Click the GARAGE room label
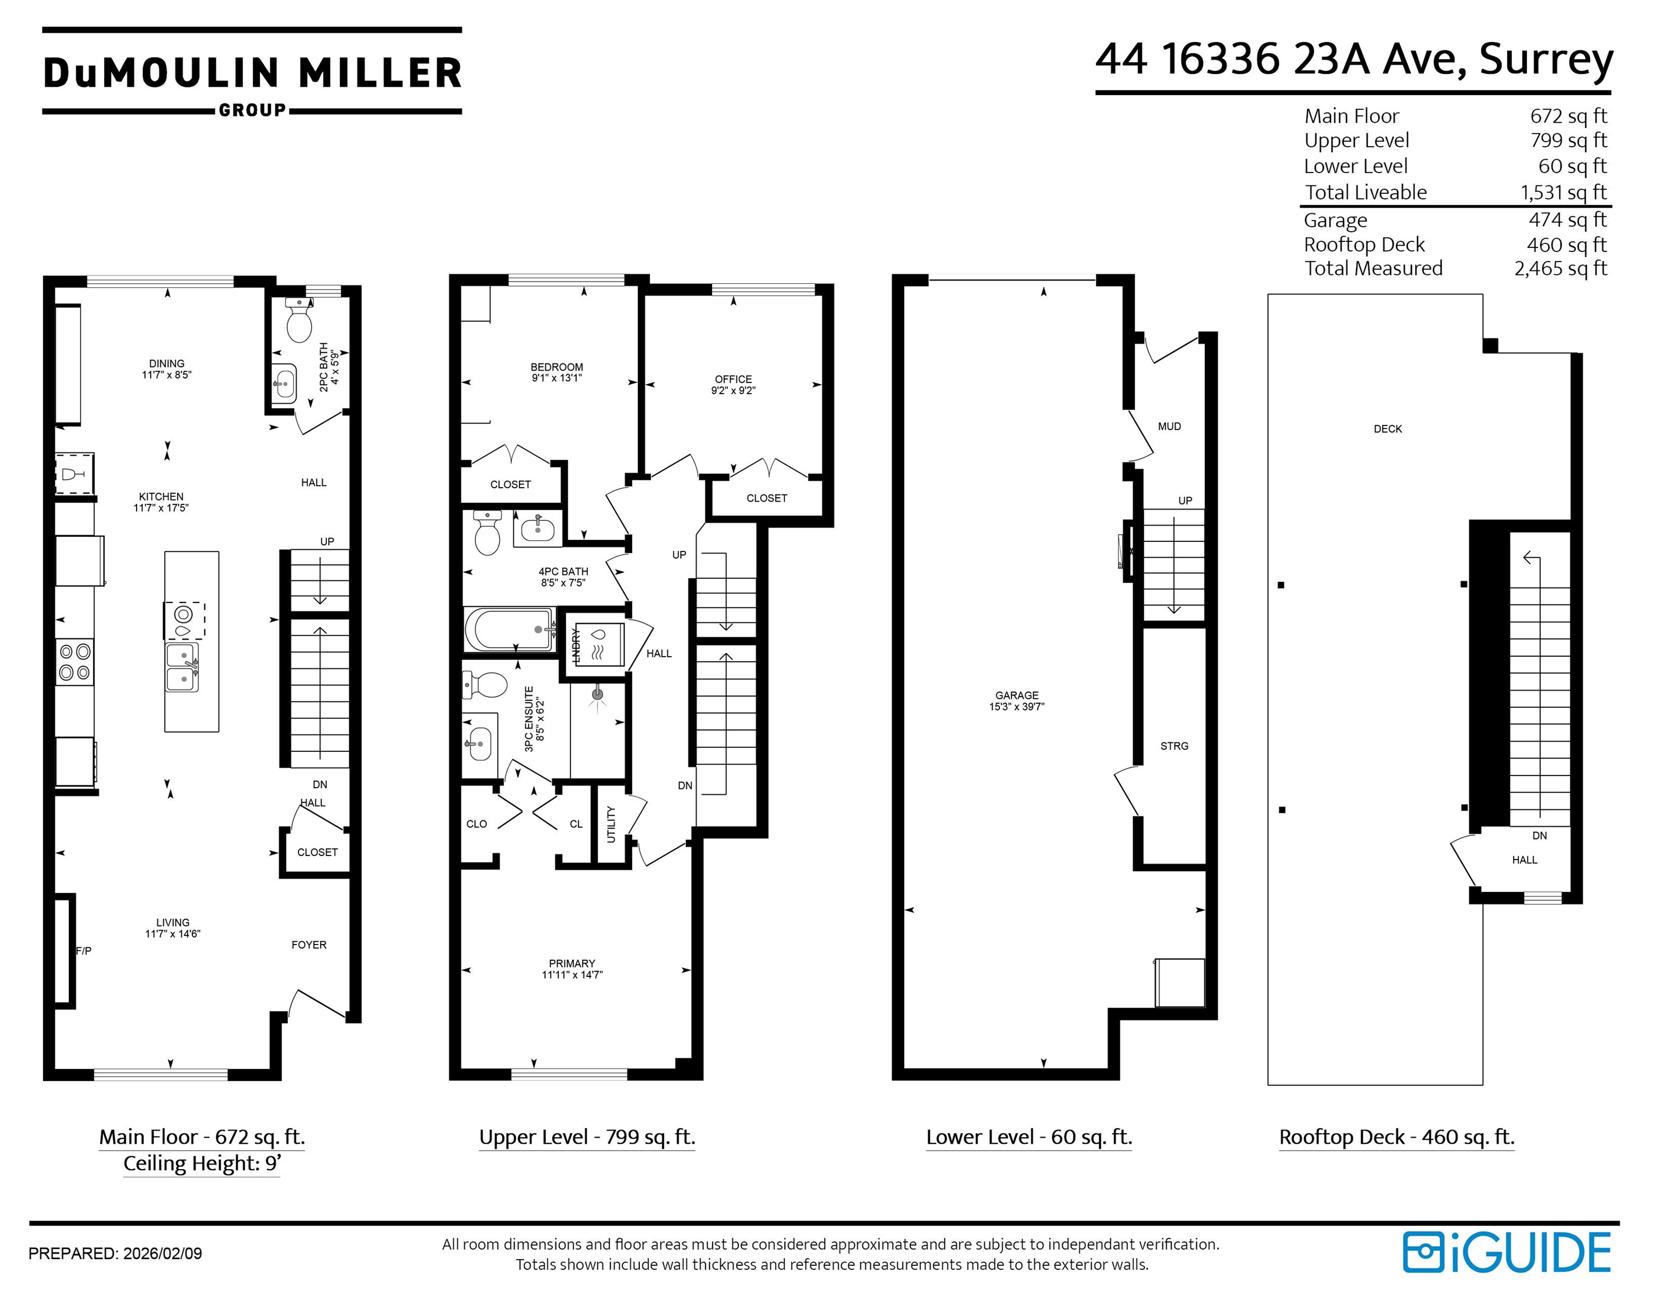(1016, 695)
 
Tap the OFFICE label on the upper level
(733, 379)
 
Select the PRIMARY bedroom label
(572, 964)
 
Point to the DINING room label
(167, 364)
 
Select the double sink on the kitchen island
(183, 666)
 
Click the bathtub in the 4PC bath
(509, 629)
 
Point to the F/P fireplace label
(83, 951)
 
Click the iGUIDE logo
(1507, 1252)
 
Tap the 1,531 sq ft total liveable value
(1564, 193)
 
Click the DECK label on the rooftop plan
(1388, 429)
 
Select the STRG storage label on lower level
(1174, 746)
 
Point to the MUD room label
(1169, 427)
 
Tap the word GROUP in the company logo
(252, 110)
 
